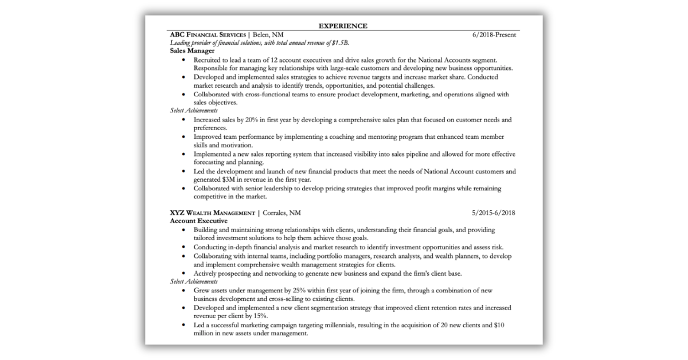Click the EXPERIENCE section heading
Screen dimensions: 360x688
(343, 26)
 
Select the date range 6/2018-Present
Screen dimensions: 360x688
(494, 34)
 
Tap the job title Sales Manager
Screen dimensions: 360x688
(192, 50)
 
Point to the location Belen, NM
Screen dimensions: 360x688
(268, 34)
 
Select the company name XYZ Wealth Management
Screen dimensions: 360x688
(212, 213)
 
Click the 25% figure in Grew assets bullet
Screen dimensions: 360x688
(288, 291)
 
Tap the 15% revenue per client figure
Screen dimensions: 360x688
(260, 316)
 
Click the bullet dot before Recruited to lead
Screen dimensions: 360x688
(183, 60)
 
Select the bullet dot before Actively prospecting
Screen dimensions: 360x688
(183, 273)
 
